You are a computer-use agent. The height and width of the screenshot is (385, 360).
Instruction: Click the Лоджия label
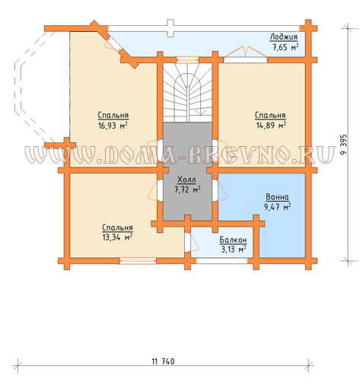pos(283,37)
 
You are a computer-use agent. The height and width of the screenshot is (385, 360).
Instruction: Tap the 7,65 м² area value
pos(285,47)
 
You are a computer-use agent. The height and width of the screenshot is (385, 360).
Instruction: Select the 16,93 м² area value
pos(113,126)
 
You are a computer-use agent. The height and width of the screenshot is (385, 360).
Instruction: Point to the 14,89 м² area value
pos(271,126)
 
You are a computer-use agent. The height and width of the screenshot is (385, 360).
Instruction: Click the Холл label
pos(186,180)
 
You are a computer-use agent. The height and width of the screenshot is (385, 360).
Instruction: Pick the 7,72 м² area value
pos(187,189)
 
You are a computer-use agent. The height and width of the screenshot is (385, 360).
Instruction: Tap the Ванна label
pos(277,197)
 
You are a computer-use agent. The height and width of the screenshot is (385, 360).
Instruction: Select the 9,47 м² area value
pos(277,207)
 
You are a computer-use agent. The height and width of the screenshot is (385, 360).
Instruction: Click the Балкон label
pos(233,240)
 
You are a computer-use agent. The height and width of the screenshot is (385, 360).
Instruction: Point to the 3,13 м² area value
pos(234,250)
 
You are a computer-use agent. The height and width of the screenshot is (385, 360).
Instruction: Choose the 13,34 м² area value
pos(117,237)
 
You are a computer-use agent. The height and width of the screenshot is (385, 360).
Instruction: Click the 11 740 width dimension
pos(163,361)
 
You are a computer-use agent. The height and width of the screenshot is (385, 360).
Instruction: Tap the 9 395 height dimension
pos(343,145)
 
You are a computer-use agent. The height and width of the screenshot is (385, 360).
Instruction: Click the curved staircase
pos(187,93)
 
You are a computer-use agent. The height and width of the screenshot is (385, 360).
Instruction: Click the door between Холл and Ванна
pos(220,190)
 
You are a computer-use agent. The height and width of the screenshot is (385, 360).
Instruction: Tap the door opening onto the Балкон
pos(192,242)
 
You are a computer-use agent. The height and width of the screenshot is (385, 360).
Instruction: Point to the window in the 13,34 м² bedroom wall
pos(138,261)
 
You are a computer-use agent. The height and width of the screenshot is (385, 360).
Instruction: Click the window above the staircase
pos(187,60)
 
